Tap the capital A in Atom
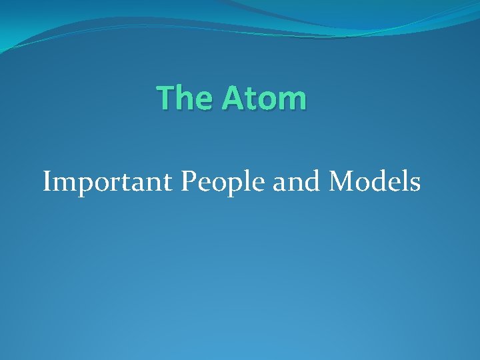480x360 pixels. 233,98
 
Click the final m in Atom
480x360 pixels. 293,101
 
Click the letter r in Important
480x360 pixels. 113,183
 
